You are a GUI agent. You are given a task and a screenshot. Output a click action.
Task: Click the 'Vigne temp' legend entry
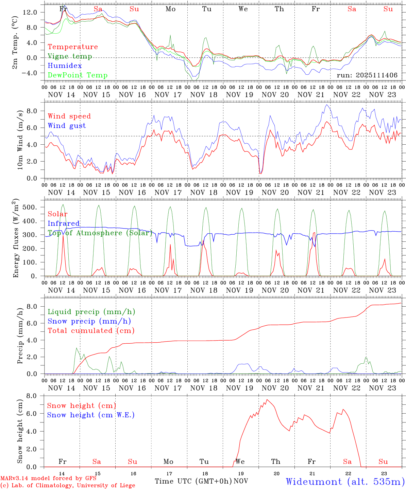point(70,56)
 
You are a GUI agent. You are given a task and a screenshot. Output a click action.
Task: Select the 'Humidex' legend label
point(65,66)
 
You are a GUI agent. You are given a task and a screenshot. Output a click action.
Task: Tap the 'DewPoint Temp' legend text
point(78,75)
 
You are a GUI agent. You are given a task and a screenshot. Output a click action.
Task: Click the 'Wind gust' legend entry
point(67,126)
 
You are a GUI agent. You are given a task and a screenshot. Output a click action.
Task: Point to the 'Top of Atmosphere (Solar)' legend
point(100,233)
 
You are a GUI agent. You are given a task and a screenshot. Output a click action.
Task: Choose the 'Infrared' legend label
point(64,223)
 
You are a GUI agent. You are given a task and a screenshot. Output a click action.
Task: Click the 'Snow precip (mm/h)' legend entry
point(89,321)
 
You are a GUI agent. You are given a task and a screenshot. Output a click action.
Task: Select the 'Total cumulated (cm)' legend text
point(91,331)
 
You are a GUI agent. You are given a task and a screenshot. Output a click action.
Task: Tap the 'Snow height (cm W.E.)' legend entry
point(90,415)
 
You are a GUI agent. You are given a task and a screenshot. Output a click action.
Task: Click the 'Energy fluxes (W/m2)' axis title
point(16,239)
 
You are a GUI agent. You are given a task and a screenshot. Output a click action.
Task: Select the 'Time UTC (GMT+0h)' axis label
point(193,481)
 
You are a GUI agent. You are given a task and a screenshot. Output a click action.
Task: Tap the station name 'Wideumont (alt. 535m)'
point(345,482)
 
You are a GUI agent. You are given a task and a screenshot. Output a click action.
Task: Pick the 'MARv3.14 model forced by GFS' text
point(48,478)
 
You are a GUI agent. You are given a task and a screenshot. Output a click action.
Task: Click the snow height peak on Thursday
point(267,400)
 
